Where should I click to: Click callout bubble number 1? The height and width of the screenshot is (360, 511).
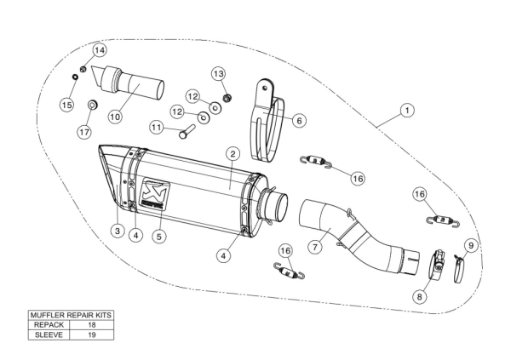click(407, 111)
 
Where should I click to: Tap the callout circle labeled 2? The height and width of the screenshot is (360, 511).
click(233, 153)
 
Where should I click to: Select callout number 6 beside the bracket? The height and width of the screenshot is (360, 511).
click(299, 121)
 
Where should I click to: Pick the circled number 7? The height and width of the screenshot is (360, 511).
click(315, 247)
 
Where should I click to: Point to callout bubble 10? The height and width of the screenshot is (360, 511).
click(115, 117)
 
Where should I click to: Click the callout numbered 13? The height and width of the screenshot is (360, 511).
click(218, 74)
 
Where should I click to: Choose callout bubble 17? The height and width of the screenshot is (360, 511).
click(84, 132)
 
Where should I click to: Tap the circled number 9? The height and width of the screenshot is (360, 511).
click(471, 245)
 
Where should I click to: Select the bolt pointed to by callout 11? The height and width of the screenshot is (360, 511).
click(187, 131)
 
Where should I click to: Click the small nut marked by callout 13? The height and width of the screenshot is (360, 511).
click(227, 97)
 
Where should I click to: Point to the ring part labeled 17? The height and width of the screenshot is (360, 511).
click(94, 106)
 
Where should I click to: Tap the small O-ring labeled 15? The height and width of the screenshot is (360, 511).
click(75, 77)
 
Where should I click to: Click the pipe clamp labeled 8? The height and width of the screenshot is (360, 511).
click(436, 263)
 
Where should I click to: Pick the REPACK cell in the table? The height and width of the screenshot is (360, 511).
click(49, 325)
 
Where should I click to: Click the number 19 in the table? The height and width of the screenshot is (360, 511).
click(92, 334)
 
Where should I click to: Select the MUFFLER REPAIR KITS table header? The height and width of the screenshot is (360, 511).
click(71, 315)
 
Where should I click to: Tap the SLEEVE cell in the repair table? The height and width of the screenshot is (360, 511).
click(49, 334)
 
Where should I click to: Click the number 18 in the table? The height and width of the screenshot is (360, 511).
click(92, 325)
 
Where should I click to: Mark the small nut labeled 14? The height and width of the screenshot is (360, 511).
click(83, 70)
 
